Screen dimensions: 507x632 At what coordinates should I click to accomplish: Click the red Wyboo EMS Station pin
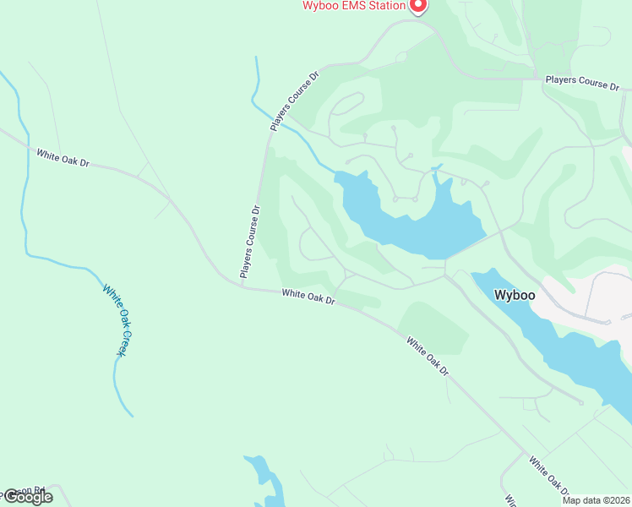point(417,6)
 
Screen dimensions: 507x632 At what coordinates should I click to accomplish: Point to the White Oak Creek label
point(114,319)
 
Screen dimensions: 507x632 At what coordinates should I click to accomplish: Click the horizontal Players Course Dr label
point(582,83)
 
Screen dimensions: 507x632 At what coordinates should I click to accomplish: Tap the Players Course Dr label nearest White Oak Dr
point(249,242)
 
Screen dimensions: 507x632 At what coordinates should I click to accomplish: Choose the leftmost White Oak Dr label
point(63,157)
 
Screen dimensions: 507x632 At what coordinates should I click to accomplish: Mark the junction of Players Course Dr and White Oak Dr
point(242,286)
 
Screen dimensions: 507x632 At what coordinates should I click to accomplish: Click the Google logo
point(27,497)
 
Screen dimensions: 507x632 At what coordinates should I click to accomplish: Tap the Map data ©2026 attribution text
point(596,500)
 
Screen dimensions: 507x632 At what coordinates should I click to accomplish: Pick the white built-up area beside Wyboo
point(591,296)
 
